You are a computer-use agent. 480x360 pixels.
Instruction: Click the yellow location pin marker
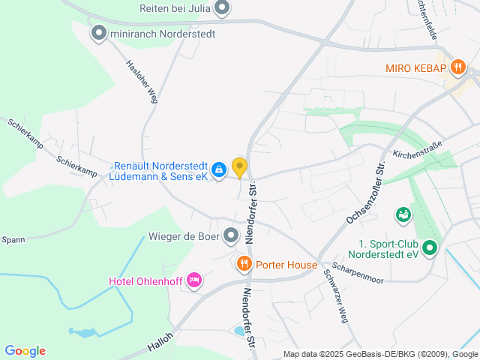tap(239, 167)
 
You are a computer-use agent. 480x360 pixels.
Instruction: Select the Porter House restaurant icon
tap(244, 264)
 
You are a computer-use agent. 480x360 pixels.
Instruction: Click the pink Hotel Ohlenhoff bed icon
tap(194, 280)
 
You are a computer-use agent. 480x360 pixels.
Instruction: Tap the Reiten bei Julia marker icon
tap(221, 8)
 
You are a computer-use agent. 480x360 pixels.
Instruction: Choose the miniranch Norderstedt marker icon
tap(98, 33)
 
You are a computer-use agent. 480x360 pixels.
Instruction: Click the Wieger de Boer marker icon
tap(231, 236)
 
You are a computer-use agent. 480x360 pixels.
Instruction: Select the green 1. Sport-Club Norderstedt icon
tap(429, 247)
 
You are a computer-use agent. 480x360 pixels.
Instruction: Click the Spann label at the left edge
tap(13, 240)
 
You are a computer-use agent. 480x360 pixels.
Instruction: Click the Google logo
tap(25, 351)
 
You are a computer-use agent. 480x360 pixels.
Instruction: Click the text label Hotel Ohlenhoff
tap(145, 281)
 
